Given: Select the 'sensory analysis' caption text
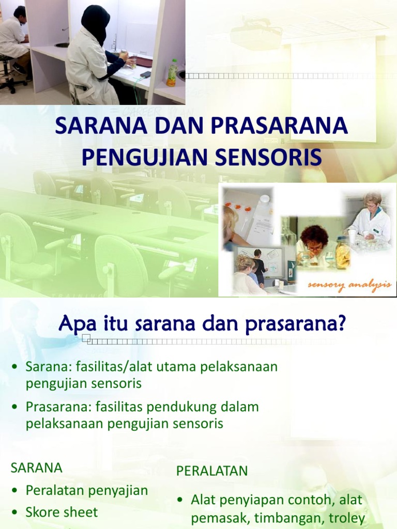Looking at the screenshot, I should tap(349, 286).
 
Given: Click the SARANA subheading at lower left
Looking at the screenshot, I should tap(37, 468).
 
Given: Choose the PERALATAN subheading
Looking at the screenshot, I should tap(212, 471).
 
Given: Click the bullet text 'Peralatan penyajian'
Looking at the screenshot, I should tap(87, 490).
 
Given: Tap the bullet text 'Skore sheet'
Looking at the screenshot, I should tap(62, 512).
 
